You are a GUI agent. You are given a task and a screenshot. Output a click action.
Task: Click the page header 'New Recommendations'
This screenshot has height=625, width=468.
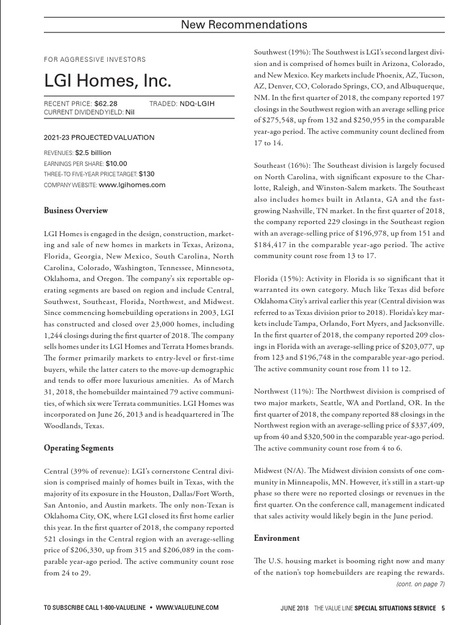pyautogui.click(x=244, y=25)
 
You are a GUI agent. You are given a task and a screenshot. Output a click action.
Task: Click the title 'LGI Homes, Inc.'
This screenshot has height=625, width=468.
pyautogui.click(x=108, y=81)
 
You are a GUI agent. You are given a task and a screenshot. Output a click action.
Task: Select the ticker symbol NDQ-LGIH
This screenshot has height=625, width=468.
pyautogui.click(x=197, y=104)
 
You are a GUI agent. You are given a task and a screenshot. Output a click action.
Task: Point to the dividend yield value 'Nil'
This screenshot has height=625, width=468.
pyautogui.click(x=130, y=112)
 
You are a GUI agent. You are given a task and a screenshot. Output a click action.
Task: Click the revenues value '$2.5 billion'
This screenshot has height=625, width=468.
pyautogui.click(x=93, y=153)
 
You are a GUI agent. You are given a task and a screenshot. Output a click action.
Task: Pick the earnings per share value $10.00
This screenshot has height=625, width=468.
pyautogui.click(x=116, y=164)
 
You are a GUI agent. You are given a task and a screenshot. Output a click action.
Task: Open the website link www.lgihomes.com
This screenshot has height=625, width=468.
pyautogui.click(x=132, y=184)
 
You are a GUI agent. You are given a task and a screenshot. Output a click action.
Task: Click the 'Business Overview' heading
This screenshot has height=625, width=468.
pyautogui.click(x=76, y=211)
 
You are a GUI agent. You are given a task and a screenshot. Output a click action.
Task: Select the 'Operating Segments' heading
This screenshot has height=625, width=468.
pyautogui.click(x=79, y=449)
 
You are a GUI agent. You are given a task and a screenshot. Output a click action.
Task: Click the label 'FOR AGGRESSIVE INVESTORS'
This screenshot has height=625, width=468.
pyautogui.click(x=95, y=60)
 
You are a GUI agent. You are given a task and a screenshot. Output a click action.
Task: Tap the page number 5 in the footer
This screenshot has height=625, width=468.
pyautogui.click(x=443, y=608)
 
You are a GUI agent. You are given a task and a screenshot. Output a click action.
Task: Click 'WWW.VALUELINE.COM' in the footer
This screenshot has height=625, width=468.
pyautogui.click(x=187, y=608)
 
